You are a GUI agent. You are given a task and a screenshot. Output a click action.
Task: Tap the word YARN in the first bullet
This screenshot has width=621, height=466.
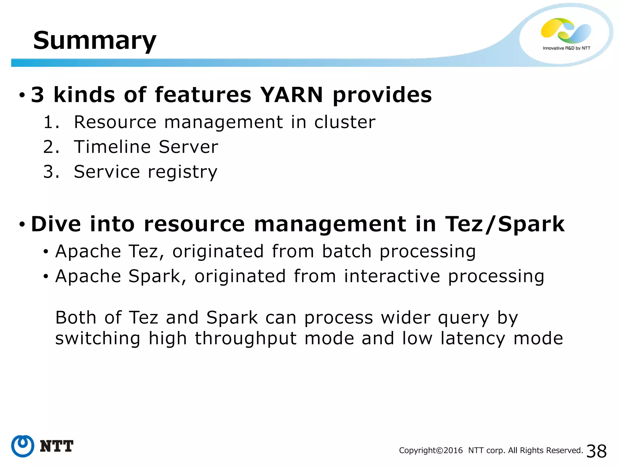[x=291, y=95]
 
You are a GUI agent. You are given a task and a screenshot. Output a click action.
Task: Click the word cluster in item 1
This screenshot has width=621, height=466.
[x=345, y=122]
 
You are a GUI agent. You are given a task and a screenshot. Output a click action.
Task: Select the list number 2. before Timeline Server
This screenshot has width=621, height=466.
[x=51, y=147]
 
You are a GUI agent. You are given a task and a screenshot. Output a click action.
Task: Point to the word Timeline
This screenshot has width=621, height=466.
[x=112, y=147]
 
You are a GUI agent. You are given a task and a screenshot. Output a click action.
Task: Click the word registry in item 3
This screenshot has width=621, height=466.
[x=183, y=172]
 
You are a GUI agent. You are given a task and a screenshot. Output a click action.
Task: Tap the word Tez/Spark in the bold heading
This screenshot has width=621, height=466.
[x=505, y=224]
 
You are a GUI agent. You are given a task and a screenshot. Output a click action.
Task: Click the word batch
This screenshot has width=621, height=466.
[x=347, y=252]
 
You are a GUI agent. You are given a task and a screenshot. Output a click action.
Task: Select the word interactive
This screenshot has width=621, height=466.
[x=392, y=276]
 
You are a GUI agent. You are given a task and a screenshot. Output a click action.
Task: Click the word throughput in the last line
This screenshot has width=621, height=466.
[x=246, y=339]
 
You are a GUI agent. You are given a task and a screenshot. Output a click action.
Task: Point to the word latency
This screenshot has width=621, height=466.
[x=473, y=339]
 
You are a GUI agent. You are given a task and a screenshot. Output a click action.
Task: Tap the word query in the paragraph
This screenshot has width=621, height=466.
[x=464, y=319]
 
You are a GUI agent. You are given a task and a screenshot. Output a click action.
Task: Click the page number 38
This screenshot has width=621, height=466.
[x=596, y=451]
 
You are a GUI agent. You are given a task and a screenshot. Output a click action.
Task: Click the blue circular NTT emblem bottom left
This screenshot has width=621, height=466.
[x=23, y=446]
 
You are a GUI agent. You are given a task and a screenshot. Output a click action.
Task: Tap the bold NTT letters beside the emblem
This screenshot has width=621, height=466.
[x=57, y=446]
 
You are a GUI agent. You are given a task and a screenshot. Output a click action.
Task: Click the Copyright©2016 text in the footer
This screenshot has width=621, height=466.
[x=431, y=451]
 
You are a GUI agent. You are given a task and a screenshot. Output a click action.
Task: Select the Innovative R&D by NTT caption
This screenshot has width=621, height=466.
[x=566, y=48]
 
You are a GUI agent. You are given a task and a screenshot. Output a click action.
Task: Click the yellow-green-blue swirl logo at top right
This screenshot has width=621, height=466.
[x=566, y=30]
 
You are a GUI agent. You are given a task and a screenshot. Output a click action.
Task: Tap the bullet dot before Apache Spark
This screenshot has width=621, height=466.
[x=46, y=277]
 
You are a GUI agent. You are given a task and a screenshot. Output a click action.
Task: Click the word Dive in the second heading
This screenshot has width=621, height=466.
[x=56, y=224]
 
